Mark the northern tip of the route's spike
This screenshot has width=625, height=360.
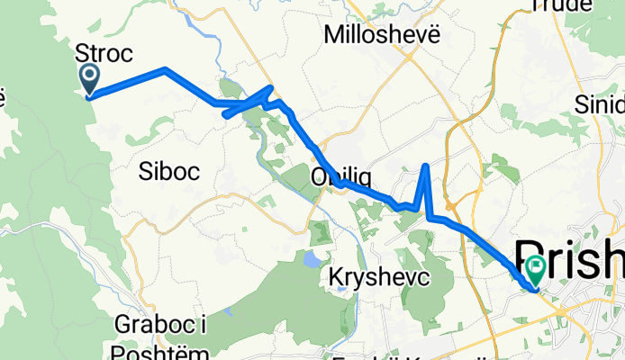(426, 166)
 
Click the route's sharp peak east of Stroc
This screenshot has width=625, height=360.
(165, 68)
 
